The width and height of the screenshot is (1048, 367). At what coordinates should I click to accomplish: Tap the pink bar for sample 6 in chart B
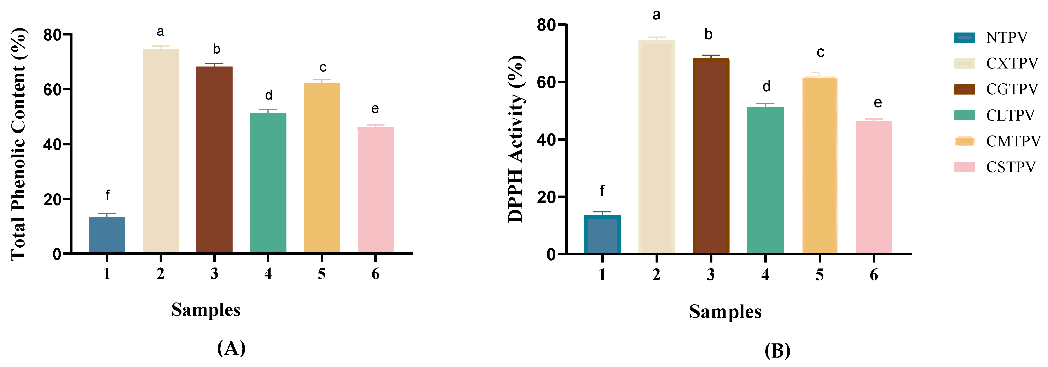pyautogui.click(x=874, y=187)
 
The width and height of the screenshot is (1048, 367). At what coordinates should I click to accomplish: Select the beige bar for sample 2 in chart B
pyautogui.click(x=657, y=146)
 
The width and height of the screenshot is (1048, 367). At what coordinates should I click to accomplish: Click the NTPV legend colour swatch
pyautogui.click(x=964, y=38)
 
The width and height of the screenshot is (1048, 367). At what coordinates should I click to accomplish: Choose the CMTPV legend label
pyautogui.click(x=1013, y=141)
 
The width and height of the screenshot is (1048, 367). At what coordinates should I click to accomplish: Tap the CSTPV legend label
pyautogui.click(x=1011, y=167)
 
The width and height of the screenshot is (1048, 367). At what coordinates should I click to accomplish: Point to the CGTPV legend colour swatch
pyautogui.click(x=964, y=89)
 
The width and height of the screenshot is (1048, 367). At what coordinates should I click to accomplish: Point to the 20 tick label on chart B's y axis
pyautogui.click(x=546, y=197)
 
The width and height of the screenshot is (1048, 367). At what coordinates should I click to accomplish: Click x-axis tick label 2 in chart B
pyautogui.click(x=657, y=275)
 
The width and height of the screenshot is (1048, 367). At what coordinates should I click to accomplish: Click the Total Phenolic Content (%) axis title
pyautogui.click(x=19, y=144)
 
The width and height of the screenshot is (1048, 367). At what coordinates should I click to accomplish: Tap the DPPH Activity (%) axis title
pyautogui.click(x=516, y=139)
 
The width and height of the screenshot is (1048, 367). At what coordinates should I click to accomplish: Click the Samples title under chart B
pyautogui.click(x=725, y=312)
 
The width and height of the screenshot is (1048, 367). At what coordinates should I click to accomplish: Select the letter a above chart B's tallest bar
pyautogui.click(x=656, y=15)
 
